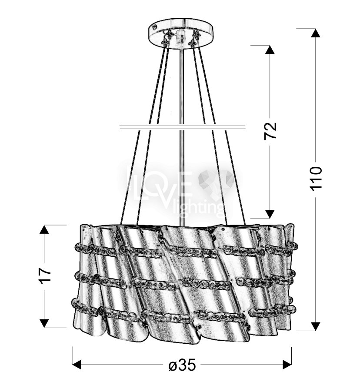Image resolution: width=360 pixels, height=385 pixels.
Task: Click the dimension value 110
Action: (x=316, y=178)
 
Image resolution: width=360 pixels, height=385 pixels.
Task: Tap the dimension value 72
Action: (x=270, y=131)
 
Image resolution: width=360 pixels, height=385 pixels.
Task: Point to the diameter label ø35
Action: (x=182, y=365)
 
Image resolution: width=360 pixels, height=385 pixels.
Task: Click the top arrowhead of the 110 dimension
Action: (x=316, y=33)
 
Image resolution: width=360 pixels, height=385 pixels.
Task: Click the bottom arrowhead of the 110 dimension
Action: (x=316, y=326)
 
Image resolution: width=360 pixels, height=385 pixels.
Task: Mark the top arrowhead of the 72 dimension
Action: (x=270, y=50)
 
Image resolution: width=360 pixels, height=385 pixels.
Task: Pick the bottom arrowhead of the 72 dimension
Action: (x=270, y=214)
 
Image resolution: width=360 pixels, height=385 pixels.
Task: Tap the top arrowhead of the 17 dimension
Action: (x=44, y=229)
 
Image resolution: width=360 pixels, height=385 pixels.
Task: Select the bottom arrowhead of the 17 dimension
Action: (x=44, y=323)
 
